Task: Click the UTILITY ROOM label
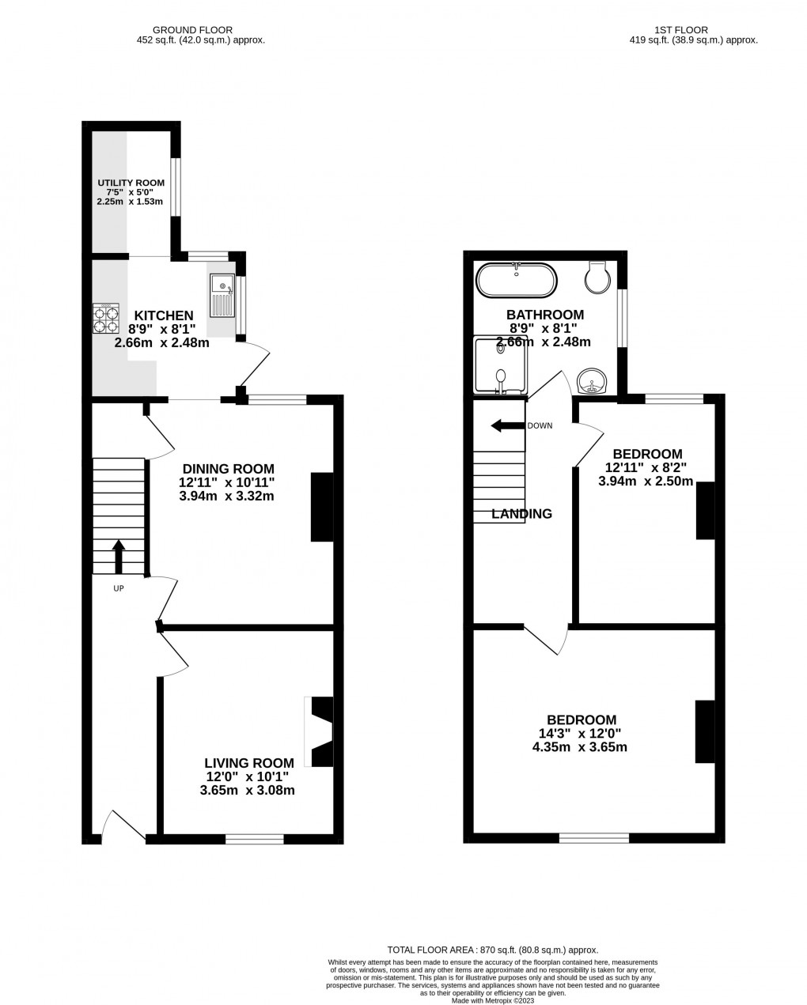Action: tap(131, 183)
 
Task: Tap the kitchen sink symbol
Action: tap(222, 295)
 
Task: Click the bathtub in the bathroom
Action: tap(516, 280)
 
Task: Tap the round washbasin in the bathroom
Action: tap(591, 382)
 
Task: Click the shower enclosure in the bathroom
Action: tap(499, 365)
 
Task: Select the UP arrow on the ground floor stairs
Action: tap(119, 556)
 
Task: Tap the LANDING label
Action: tap(521, 514)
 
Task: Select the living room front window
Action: tap(255, 839)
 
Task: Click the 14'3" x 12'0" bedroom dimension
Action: tap(581, 733)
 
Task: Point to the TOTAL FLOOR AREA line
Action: tap(492, 950)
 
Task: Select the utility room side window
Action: tap(177, 187)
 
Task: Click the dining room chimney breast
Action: tap(322, 507)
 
